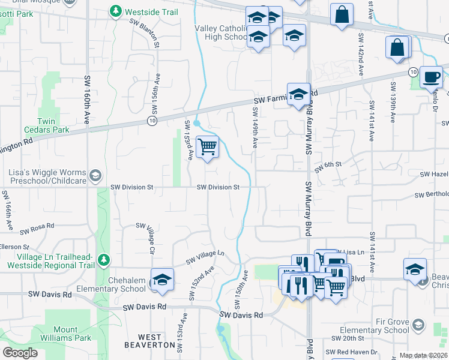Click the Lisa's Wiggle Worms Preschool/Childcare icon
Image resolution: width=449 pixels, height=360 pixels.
pyautogui.click(x=95, y=175)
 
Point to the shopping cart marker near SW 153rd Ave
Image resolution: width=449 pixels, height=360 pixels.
pyautogui.click(x=208, y=146)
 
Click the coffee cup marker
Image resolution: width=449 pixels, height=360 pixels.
pyautogui.click(x=430, y=77)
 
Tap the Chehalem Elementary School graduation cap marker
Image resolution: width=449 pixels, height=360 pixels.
pyautogui.click(x=162, y=280)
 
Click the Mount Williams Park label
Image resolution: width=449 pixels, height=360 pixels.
pyautogui.click(x=65, y=334)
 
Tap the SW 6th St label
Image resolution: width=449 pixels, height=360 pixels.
pyautogui.click(x=329, y=164)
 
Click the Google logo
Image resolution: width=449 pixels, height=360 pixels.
pyautogui.click(x=20, y=353)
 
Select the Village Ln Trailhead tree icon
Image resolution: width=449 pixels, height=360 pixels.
pyautogui.click(x=104, y=260)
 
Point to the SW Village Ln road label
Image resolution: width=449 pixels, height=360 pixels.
pyautogui.click(x=204, y=257)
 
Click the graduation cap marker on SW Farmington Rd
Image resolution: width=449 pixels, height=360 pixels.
pyautogui.click(x=298, y=94)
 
